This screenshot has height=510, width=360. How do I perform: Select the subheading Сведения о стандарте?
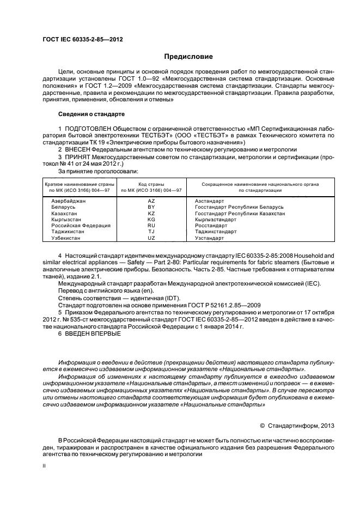point(91,114)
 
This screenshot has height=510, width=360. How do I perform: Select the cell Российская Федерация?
point(81,225)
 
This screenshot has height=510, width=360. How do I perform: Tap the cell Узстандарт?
point(210,238)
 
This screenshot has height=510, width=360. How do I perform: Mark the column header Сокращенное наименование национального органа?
point(260,184)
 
